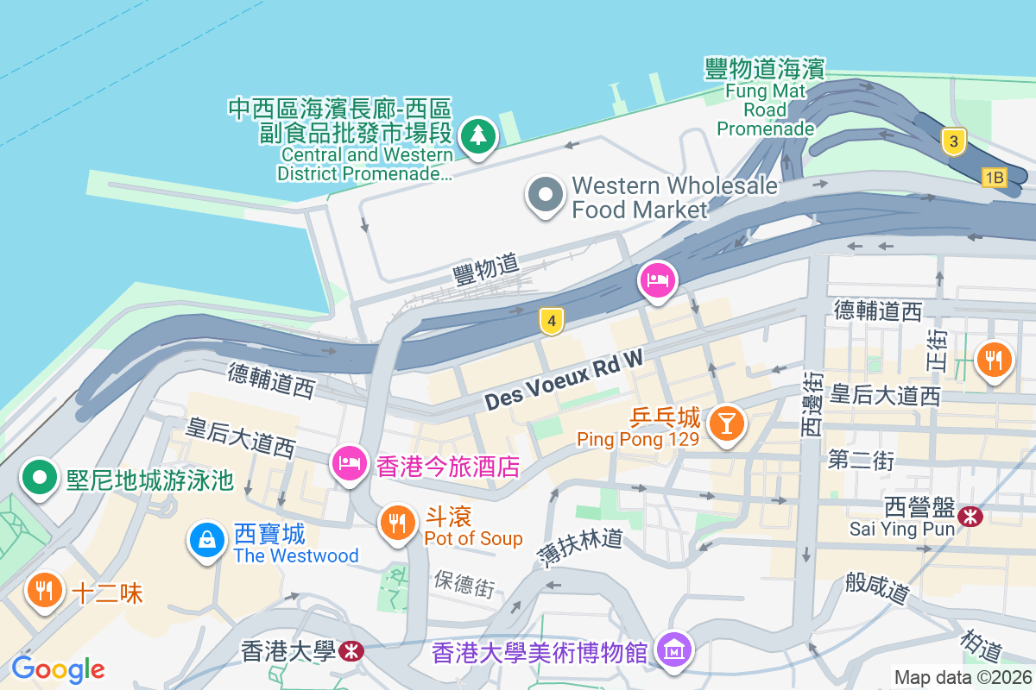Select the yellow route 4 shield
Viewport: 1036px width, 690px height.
pos(552,323)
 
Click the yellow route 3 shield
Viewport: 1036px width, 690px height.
pos(953,141)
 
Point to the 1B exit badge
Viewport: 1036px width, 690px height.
pos(995,178)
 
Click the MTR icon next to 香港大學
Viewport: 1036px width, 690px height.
pos(351,650)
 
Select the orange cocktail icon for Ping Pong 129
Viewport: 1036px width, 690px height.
pos(726,423)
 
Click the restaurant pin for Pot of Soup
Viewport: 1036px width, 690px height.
pos(397,523)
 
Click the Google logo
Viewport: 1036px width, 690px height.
pos(58,669)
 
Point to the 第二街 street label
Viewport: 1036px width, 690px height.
pos(861,460)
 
